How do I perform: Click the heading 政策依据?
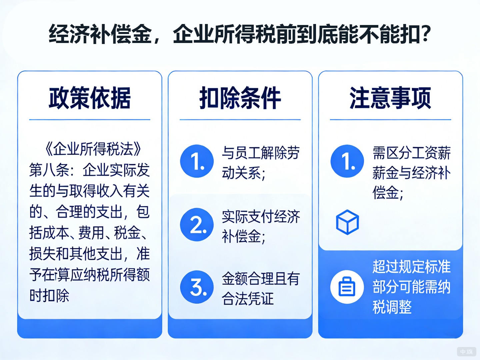(89, 98)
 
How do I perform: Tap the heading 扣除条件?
(240, 98)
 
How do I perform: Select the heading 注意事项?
(390, 98)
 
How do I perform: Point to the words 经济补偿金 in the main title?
(100, 34)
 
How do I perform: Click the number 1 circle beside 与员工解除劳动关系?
(197, 161)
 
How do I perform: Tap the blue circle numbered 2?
(197, 225)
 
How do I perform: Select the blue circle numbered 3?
(197, 287)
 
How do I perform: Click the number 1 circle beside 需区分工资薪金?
(347, 161)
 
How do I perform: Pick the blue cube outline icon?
(347, 222)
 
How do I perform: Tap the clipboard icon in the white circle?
(347, 287)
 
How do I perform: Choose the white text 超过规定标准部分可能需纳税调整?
(411, 287)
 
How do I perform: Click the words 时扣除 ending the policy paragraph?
(49, 295)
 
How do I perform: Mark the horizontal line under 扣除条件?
(240, 119)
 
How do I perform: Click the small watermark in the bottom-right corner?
(466, 352)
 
